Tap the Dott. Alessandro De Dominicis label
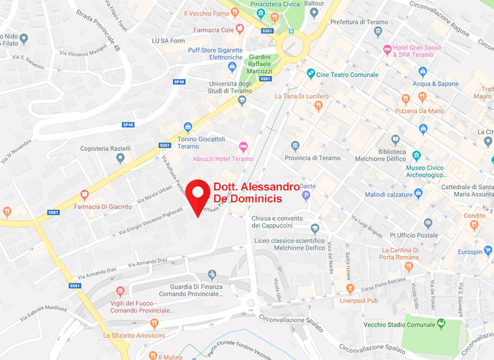click(256, 193)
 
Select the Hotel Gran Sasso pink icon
click(387, 50)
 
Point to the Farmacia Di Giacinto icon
click(84, 195)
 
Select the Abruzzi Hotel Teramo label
click(223, 159)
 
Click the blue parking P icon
click(306, 195)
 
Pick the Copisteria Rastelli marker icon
click(120, 157)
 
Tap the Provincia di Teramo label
click(312, 158)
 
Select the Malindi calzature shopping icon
click(419, 193)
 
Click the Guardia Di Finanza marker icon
click(212, 275)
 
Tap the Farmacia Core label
click(215, 30)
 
